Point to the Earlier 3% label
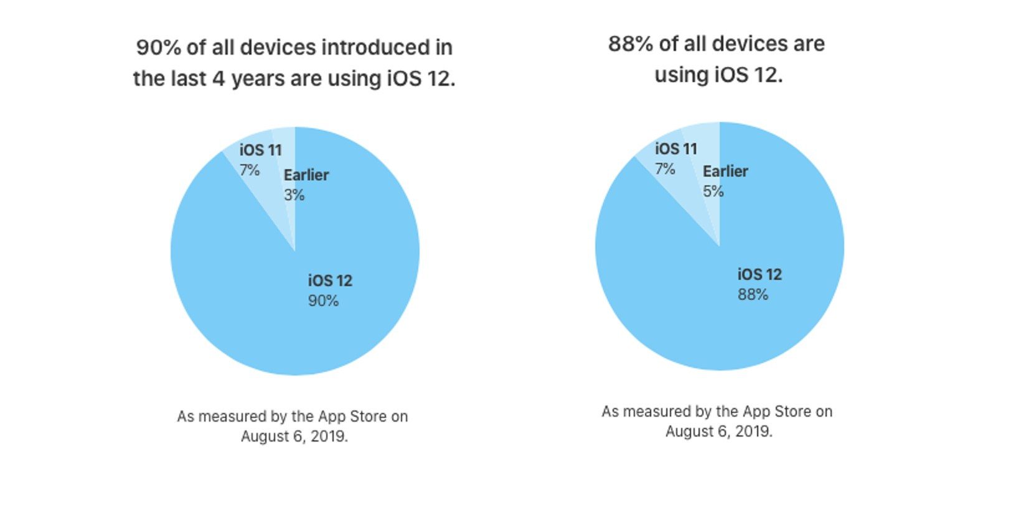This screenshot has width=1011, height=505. tap(306, 185)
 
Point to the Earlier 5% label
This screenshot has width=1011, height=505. tap(725, 181)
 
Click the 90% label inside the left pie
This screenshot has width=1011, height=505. tap(323, 301)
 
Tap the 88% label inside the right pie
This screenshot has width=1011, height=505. tap(753, 295)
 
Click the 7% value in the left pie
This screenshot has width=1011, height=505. tap(250, 170)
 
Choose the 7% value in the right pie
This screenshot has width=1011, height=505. tap(665, 169)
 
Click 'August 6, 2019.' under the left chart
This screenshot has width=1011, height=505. tap(294, 437)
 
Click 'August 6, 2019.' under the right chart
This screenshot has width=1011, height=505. tap(718, 432)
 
